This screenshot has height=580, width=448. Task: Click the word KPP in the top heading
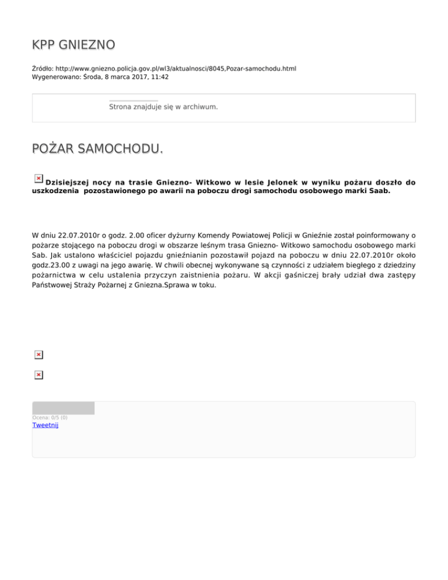coord(44,45)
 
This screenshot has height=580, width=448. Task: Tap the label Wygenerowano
coord(57,77)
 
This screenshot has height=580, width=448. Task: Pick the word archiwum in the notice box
coord(199,107)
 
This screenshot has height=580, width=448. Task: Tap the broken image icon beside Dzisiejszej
coord(38,178)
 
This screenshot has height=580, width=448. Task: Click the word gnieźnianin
coord(211,255)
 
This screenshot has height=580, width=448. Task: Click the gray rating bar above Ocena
coord(63,408)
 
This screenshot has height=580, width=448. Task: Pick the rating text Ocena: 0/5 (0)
coord(50,417)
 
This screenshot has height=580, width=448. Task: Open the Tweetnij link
coord(45,425)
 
